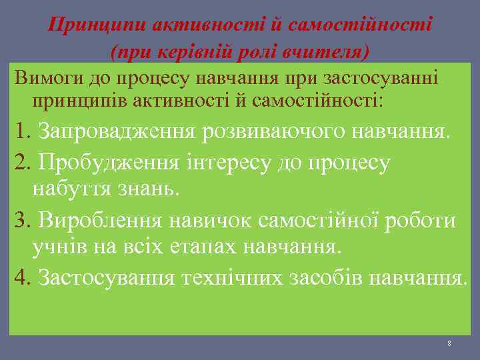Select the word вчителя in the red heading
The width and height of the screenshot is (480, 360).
pyautogui.click(x=327, y=51)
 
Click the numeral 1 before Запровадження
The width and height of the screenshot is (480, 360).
pyautogui.click(x=20, y=131)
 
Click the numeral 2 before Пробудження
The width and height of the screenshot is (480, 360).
pyautogui.click(x=21, y=161)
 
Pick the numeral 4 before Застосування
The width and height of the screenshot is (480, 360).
pyautogui.click(x=21, y=277)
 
